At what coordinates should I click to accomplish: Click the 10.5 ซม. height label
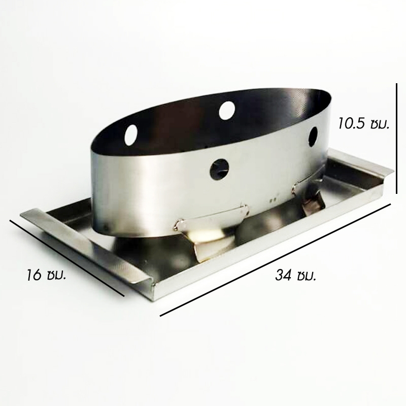tap(363, 123)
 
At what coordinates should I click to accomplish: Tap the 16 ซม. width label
tap(46, 275)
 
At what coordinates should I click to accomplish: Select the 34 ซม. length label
tap(296, 275)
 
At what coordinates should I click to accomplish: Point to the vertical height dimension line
tap(396, 138)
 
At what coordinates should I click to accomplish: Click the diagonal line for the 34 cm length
tap(275, 260)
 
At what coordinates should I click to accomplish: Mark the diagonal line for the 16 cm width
tap(67, 258)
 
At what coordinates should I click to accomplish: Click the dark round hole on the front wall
tap(219, 170)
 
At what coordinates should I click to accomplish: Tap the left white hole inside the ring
tap(131, 134)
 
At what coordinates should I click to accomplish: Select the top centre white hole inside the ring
tap(227, 110)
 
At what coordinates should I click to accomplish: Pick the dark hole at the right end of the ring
tap(313, 136)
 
